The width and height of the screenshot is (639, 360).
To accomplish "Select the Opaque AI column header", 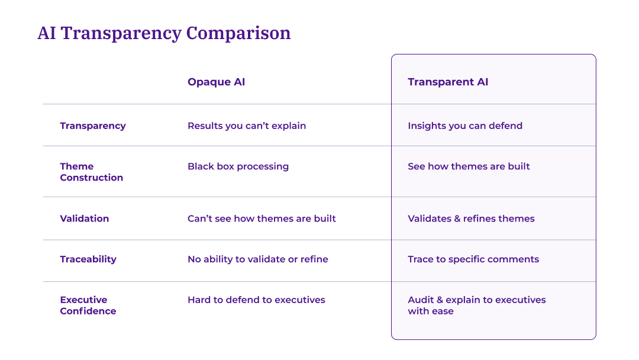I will pos(216,82).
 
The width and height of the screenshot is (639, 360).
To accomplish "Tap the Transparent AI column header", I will pos(448,82).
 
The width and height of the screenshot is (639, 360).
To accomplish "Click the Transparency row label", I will pos(93,126).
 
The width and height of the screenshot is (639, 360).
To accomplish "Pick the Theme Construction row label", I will pos(91,172).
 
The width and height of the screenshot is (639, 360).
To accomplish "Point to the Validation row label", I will pos(85,218).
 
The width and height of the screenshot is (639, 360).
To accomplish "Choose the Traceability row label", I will pos(88,259).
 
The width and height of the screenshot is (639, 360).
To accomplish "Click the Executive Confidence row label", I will pos(88,306).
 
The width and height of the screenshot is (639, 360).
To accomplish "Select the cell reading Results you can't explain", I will pos(247,126).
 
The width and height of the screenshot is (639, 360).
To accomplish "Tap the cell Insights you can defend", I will pos(465,126).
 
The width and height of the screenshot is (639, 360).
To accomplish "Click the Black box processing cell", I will pos(238,166).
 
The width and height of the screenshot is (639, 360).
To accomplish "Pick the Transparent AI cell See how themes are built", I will pos(469,166).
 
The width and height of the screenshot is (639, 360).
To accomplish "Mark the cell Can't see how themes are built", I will pos(262,218).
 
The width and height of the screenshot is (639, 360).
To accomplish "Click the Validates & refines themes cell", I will pos(471,218).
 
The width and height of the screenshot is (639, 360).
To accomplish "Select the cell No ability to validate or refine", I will pos(257,259).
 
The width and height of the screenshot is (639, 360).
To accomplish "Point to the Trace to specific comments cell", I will pos(473,259).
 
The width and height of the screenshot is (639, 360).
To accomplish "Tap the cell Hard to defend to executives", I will pos(256,300).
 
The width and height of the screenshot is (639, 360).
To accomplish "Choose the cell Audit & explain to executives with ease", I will pos(476,306).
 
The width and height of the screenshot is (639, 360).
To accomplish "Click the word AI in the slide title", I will pos(47,33).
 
